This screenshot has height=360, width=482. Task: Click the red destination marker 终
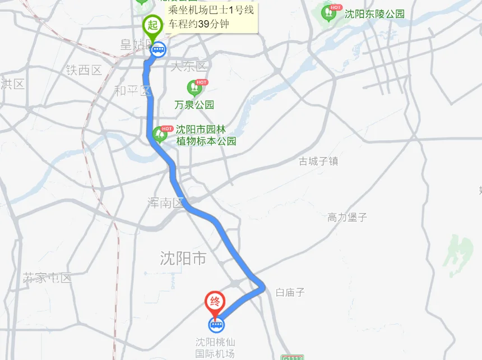(x=215, y=302)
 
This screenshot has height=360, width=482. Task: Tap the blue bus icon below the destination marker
(x=216, y=324)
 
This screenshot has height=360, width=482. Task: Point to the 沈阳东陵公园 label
(x=374, y=14)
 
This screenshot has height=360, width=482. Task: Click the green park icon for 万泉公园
(x=194, y=87)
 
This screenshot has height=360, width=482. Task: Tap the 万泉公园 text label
(x=194, y=105)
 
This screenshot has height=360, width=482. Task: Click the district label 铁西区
(x=84, y=70)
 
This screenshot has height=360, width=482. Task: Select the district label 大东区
(x=188, y=67)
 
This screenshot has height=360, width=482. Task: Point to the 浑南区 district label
(x=165, y=203)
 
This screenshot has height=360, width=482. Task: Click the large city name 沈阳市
(x=183, y=259)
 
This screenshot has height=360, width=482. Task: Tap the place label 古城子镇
(x=318, y=161)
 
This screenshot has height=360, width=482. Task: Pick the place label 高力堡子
(x=347, y=217)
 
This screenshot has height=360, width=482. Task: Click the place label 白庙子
(x=290, y=292)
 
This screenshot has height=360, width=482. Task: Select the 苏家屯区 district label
(x=48, y=278)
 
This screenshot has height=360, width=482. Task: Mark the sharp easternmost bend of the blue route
(x=263, y=288)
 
